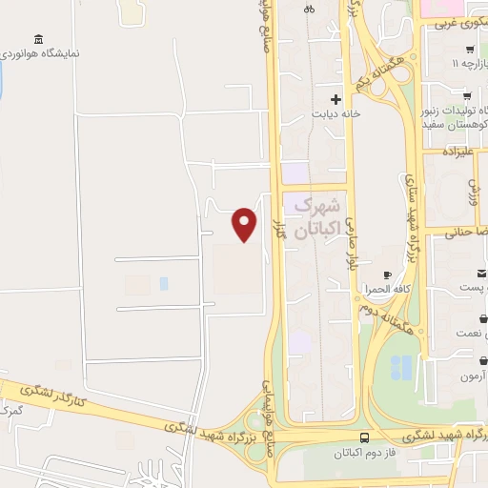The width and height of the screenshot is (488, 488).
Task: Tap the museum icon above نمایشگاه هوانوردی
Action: coord(38,39)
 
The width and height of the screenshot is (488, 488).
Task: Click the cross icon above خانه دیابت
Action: coord(335,98)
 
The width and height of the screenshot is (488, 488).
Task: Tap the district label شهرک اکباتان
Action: coord(315,217)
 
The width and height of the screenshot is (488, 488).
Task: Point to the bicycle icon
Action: coord(308,9)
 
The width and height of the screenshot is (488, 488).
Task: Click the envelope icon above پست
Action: coord(481,273)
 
